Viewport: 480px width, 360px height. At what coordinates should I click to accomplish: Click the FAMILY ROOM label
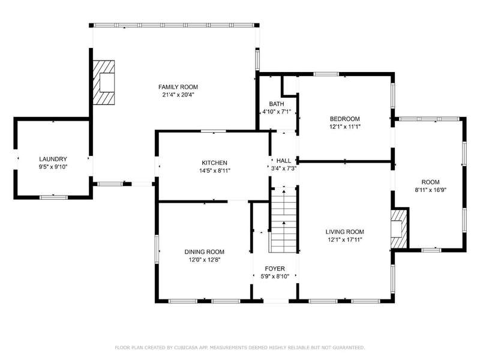[x=178, y=87]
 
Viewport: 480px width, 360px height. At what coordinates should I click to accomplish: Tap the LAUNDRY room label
[x=53, y=159]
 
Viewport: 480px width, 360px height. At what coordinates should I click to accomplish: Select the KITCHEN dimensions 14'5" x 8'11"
[x=215, y=171]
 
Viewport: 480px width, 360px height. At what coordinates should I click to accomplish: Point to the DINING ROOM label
[x=204, y=252]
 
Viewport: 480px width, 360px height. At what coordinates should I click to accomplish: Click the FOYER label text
[x=275, y=269]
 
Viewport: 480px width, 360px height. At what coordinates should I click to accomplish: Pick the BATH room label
[x=277, y=104]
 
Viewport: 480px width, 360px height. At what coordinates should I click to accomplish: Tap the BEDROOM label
[x=344, y=119]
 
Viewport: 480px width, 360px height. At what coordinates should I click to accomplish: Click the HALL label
[x=284, y=161]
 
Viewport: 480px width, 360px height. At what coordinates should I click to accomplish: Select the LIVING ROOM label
[x=344, y=232]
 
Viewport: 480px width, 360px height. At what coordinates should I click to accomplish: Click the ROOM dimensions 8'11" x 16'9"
[x=431, y=190]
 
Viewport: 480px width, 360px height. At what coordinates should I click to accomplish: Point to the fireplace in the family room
[x=103, y=83]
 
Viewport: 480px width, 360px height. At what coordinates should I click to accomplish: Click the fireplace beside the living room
[x=400, y=229]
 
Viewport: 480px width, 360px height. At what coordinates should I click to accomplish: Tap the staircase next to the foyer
[x=284, y=220]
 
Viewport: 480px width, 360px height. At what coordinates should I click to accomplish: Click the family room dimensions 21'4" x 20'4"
[x=178, y=95]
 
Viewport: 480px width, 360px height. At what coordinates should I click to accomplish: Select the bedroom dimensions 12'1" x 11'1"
[x=344, y=127]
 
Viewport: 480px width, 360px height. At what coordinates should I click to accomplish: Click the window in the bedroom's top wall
[x=326, y=74]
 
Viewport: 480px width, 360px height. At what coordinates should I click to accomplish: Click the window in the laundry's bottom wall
[x=53, y=197]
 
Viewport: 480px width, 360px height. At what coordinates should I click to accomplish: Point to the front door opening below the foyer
[x=276, y=301]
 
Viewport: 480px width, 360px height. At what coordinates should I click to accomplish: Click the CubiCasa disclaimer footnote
[x=240, y=347]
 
